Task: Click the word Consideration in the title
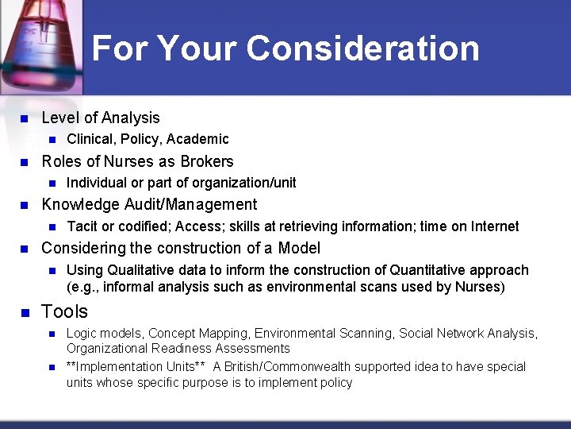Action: coord(362,48)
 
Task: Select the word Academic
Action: coord(197,140)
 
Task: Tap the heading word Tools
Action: coord(64,311)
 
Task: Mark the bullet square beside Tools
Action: coord(24,312)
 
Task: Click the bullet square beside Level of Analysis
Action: coord(24,119)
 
